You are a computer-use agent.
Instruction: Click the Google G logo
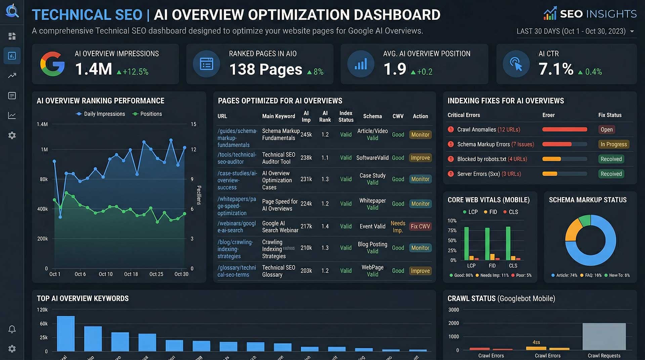pos(52,64)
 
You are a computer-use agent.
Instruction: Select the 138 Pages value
pos(265,70)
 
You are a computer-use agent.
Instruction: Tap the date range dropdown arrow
pos(632,31)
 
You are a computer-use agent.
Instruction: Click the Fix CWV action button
pos(420,226)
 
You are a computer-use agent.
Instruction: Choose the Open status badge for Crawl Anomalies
pos(606,130)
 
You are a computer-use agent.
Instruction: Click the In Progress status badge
pos(613,144)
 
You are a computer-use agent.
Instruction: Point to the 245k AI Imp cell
pos(306,135)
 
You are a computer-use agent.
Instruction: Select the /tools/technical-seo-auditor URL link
pos(236,158)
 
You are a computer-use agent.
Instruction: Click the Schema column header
pos(372,116)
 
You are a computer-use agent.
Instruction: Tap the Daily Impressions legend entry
pos(101,114)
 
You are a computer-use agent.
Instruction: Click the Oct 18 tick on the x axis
pos(131,274)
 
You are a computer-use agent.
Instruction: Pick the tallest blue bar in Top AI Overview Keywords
pos(66,333)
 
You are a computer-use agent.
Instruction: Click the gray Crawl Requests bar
pos(604,336)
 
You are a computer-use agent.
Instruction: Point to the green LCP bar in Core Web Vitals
pos(466,243)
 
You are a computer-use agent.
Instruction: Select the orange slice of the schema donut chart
pos(572,230)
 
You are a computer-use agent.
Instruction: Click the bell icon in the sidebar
pos(12,329)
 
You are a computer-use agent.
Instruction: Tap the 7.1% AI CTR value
pos(556,69)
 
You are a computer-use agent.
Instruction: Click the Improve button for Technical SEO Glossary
pos(420,271)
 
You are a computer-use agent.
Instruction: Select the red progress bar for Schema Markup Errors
pos(557,144)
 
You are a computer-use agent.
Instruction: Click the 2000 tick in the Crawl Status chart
pos(454,323)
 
